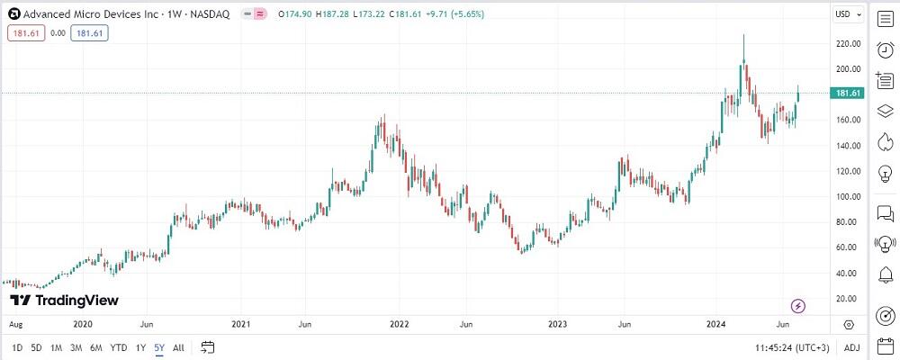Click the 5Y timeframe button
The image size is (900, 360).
[158, 347]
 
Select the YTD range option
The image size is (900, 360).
[118, 347]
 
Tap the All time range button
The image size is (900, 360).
[178, 347]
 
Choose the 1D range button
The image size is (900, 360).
[17, 347]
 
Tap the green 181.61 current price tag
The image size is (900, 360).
[850, 94]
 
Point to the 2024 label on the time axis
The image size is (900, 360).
[716, 323]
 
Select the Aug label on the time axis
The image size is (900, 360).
[13, 323]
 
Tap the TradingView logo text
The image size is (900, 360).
[64, 301]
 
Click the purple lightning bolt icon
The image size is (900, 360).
[797, 306]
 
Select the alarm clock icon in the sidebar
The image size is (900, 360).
[884, 50]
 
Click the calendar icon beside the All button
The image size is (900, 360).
[208, 347]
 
